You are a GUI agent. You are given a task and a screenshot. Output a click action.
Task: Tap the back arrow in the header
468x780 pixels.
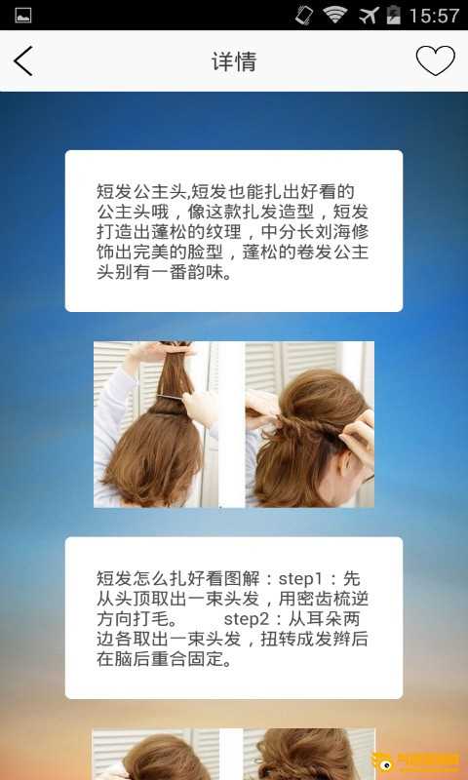click(22, 61)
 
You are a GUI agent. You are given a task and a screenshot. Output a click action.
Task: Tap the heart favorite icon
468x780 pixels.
click(435, 60)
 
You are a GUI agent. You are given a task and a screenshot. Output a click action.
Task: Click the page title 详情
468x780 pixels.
click(234, 61)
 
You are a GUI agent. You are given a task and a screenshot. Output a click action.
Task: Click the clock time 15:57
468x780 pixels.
click(434, 16)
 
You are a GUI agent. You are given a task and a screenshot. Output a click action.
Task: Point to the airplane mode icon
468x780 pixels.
click(369, 15)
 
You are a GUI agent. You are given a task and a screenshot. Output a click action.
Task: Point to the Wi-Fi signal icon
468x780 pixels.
click(334, 15)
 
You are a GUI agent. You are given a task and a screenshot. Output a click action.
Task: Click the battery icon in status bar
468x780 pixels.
click(393, 15)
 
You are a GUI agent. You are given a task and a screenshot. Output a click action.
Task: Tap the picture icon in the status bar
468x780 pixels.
click(22, 16)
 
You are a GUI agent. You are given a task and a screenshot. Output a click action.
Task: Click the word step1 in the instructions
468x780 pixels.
click(307, 578)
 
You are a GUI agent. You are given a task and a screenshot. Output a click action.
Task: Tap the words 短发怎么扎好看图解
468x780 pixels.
click(178, 578)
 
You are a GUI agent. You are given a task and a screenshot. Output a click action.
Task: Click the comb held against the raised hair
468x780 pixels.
click(171, 397)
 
